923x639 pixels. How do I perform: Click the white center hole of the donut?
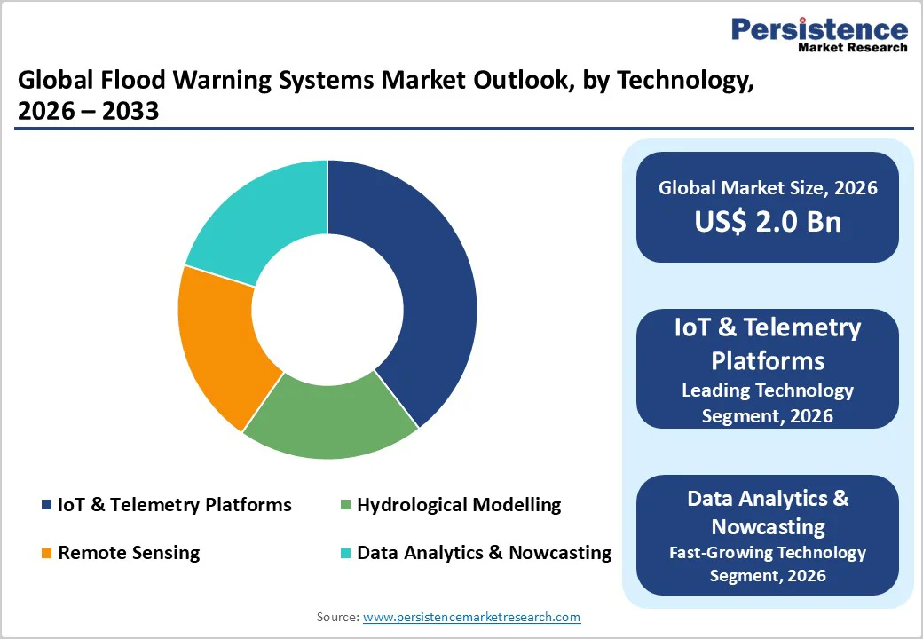pyautogui.click(x=327, y=309)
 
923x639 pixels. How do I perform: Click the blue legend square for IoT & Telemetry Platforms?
pyautogui.click(x=46, y=505)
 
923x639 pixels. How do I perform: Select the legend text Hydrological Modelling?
pyautogui.click(x=459, y=505)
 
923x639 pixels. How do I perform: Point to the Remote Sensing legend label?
pyautogui.click(x=129, y=553)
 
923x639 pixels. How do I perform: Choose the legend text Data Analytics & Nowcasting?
pyautogui.click(x=484, y=553)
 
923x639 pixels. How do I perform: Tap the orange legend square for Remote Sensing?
pyautogui.click(x=46, y=554)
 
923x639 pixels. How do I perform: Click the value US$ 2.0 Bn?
pyautogui.click(x=768, y=221)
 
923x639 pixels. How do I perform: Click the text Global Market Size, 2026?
pyautogui.click(x=768, y=187)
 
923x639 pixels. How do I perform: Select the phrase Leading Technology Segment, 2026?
pyautogui.click(x=768, y=402)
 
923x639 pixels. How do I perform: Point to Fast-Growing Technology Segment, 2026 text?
pyautogui.click(x=768, y=564)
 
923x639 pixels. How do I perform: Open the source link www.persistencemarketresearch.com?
pyautogui.click(x=471, y=617)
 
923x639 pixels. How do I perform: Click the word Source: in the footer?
pyautogui.click(x=338, y=617)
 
